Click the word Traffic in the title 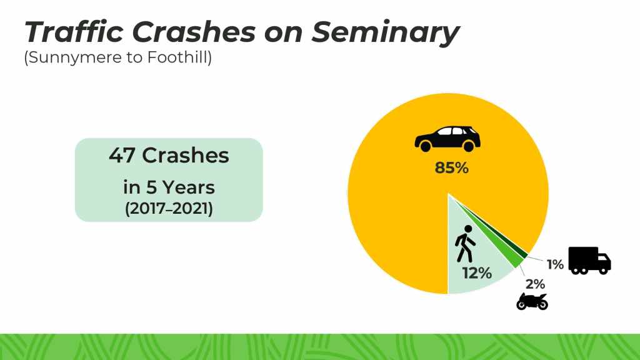pos(74,31)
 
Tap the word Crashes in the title pos(194,32)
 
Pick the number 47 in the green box pos(122,156)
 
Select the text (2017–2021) pos(169,209)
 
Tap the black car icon pos(447,139)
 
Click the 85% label pos(451,167)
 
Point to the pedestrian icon pos(465,243)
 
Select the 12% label pos(477,273)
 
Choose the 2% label pos(535,284)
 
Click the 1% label pos(555,264)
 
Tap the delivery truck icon pos(589,261)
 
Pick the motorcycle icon pos(532,301)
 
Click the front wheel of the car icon pos(469,146)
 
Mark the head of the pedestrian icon pos(468,229)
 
